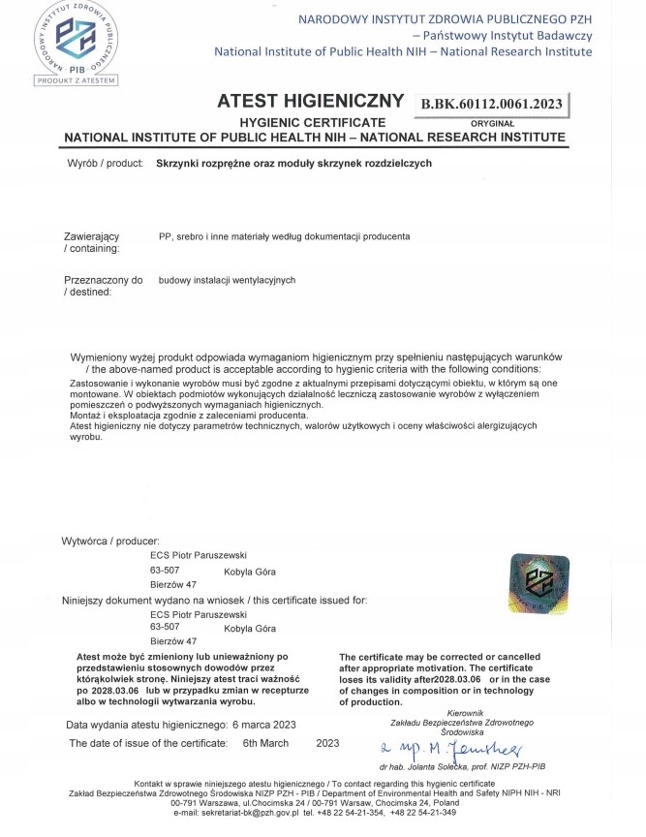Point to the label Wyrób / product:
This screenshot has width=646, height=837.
coord(106,165)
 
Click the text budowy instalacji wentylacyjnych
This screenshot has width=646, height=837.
coord(227,280)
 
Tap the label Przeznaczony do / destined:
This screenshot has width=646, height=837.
coord(103,286)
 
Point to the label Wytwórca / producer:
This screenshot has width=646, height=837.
coord(109,540)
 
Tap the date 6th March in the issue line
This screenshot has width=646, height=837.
coord(266,743)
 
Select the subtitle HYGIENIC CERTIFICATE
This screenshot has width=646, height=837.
coord(306,122)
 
